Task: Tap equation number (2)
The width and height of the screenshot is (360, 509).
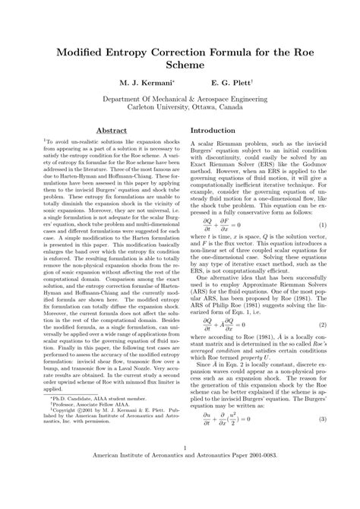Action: pyautogui.click(x=322, y=324)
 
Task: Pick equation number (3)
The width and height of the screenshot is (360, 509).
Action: pyautogui.click(x=322, y=442)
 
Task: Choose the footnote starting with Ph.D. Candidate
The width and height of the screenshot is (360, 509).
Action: pyautogui.click(x=81, y=440)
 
